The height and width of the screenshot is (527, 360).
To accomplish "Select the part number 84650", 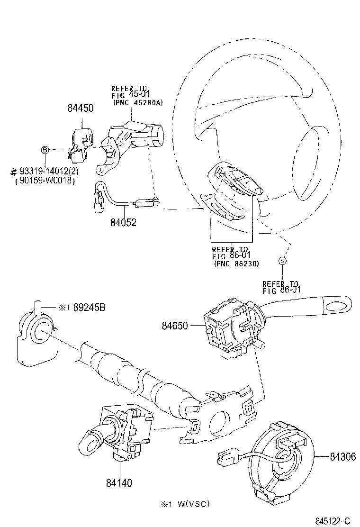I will (175, 326).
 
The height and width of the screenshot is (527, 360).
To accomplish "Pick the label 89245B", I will (89, 307).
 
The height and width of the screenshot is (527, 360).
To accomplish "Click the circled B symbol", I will (45, 150).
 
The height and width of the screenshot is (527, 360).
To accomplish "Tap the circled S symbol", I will (282, 260).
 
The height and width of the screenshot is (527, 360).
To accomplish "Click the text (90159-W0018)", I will (46, 181).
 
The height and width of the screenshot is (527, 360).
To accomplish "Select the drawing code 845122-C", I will (332, 521).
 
